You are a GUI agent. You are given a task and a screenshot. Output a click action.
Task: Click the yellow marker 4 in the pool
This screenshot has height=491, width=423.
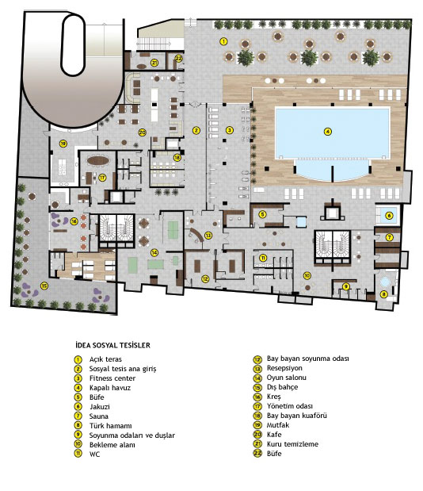click(x=327, y=132)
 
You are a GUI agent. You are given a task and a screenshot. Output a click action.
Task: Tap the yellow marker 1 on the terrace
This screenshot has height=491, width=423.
click(x=223, y=41)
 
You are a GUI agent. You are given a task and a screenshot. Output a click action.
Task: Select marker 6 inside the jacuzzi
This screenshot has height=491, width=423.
click(x=389, y=216)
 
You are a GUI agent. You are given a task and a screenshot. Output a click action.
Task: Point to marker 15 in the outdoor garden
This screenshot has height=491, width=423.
click(x=44, y=286)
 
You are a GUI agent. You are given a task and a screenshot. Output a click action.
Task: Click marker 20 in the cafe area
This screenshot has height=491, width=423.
click(x=143, y=132)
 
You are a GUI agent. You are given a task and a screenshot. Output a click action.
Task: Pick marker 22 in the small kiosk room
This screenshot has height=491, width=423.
click(x=178, y=58)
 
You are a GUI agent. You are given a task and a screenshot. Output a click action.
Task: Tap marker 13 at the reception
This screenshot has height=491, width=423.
click(x=208, y=235)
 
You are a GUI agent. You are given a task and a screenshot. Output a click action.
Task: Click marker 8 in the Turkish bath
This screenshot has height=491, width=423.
click(x=384, y=294)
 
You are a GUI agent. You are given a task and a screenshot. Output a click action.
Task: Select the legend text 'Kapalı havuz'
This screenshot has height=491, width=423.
click(x=110, y=388)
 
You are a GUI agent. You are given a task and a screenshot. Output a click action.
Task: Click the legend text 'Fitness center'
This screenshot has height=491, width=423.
click(x=112, y=378)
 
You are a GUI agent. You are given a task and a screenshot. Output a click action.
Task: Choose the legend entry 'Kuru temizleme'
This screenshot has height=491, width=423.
click(x=292, y=444)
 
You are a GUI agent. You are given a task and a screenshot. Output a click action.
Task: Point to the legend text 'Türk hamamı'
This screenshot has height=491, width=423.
click(x=111, y=426)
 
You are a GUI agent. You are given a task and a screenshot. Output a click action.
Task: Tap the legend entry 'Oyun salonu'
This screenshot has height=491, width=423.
click(x=287, y=378)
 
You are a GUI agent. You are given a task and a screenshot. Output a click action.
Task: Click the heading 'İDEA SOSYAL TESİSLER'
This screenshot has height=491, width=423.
click(x=112, y=345)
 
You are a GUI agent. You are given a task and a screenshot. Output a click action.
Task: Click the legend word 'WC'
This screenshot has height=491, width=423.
click(x=95, y=454)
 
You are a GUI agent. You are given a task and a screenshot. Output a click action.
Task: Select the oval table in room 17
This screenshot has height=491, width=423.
click(x=98, y=161)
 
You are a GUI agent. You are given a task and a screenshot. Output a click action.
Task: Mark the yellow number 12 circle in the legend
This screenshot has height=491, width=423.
click(x=257, y=359)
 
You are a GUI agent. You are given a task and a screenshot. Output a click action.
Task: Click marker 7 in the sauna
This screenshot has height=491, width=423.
click(x=389, y=237)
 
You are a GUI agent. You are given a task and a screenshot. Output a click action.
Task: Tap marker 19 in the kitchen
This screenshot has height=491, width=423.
click(x=63, y=144)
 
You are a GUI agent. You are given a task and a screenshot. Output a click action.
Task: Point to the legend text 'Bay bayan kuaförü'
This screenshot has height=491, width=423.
click(x=297, y=416)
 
